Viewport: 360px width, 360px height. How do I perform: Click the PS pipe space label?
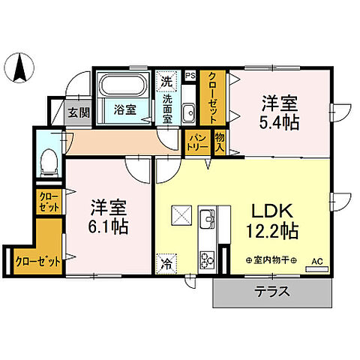[x=190, y=75]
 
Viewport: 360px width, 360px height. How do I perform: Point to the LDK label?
[x=271, y=209]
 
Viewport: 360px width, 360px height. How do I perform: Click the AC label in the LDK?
[x=316, y=261]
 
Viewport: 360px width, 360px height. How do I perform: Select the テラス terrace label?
[x=273, y=292]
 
